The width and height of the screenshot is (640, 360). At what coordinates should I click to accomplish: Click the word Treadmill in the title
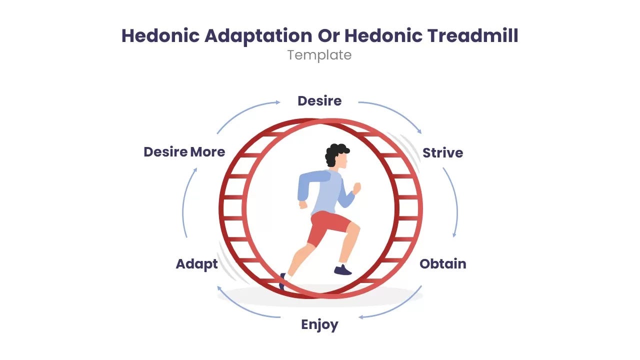472,36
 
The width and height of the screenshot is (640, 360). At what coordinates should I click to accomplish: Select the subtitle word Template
319,55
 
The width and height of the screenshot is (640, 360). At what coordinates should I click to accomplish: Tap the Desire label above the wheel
319,101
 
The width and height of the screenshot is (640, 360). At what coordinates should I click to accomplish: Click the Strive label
442,152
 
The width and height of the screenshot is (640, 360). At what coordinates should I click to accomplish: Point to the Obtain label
442,264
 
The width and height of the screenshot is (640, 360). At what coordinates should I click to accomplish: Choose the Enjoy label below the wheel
319,325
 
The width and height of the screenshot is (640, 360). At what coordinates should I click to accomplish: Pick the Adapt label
197,264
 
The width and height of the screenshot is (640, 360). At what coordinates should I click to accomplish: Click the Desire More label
184,152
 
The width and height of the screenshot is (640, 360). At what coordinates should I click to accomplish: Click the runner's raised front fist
356,188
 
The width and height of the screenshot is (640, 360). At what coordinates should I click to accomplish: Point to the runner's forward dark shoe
343,270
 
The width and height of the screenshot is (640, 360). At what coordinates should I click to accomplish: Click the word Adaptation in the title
262,36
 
